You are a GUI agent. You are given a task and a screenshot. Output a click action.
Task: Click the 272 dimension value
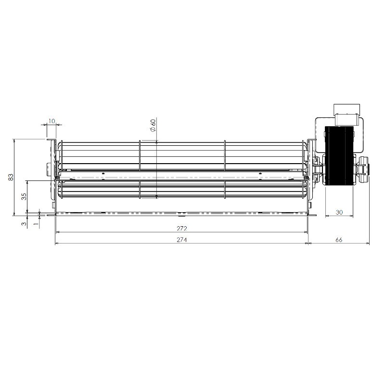point(182,228)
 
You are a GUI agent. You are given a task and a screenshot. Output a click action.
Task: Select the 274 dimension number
point(182,240)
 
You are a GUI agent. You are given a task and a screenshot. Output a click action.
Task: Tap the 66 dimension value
point(339,240)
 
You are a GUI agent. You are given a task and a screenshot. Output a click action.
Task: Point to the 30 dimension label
point(339,212)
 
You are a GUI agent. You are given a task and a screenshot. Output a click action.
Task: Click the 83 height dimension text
point(11,177)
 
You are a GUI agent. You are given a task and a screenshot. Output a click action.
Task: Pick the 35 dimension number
point(24,196)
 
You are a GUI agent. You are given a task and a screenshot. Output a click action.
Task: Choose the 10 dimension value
point(51,121)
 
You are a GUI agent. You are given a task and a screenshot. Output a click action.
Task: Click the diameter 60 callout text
point(153,125)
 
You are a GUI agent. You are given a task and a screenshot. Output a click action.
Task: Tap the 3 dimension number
point(24,224)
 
